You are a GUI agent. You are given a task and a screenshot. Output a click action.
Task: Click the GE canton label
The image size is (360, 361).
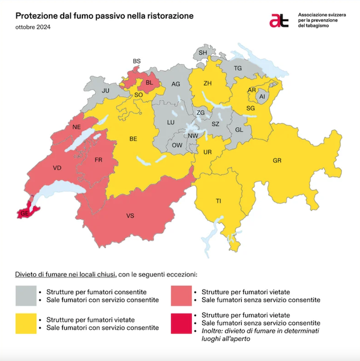[24, 213]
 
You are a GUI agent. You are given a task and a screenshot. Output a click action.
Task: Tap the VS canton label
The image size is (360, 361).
[130, 216]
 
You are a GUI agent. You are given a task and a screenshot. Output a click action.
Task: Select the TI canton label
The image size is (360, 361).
[218, 200]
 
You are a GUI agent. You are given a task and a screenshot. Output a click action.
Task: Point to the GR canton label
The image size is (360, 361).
[277, 160]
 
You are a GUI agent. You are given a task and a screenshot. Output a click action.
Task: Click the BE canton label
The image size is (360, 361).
[134, 139]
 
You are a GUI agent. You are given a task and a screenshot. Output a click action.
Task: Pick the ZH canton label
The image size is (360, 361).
[208, 83]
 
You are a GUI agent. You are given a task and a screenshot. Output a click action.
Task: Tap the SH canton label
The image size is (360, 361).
[203, 53]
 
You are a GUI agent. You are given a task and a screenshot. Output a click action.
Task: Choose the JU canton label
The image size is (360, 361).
[105, 91]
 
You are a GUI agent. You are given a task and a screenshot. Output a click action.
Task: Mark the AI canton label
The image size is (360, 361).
[261, 97]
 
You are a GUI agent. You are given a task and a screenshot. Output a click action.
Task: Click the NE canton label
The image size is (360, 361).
[76, 128]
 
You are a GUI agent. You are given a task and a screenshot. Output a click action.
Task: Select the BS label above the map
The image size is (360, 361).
[136, 62]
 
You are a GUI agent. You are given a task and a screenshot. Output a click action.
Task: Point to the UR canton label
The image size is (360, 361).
[208, 153]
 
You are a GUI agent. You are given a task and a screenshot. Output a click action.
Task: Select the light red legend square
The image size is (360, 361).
[182, 296]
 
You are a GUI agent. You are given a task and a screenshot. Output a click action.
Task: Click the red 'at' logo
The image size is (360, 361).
[279, 20]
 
